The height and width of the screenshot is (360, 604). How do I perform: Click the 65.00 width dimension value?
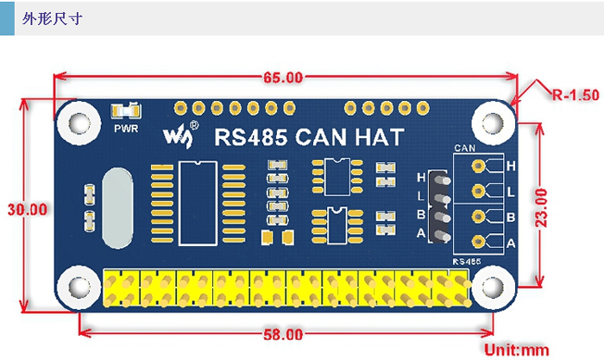(x=284, y=77)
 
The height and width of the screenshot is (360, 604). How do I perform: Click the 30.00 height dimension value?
(x=25, y=208)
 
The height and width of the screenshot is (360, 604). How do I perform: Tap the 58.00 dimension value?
(x=283, y=334)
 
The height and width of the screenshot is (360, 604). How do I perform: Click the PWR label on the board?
(x=125, y=129)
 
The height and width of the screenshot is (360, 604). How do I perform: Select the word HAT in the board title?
(x=391, y=136)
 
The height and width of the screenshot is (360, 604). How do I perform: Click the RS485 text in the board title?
(x=251, y=136)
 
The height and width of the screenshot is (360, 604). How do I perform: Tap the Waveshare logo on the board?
(x=184, y=134)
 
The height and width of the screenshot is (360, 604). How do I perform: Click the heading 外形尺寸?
(x=53, y=18)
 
